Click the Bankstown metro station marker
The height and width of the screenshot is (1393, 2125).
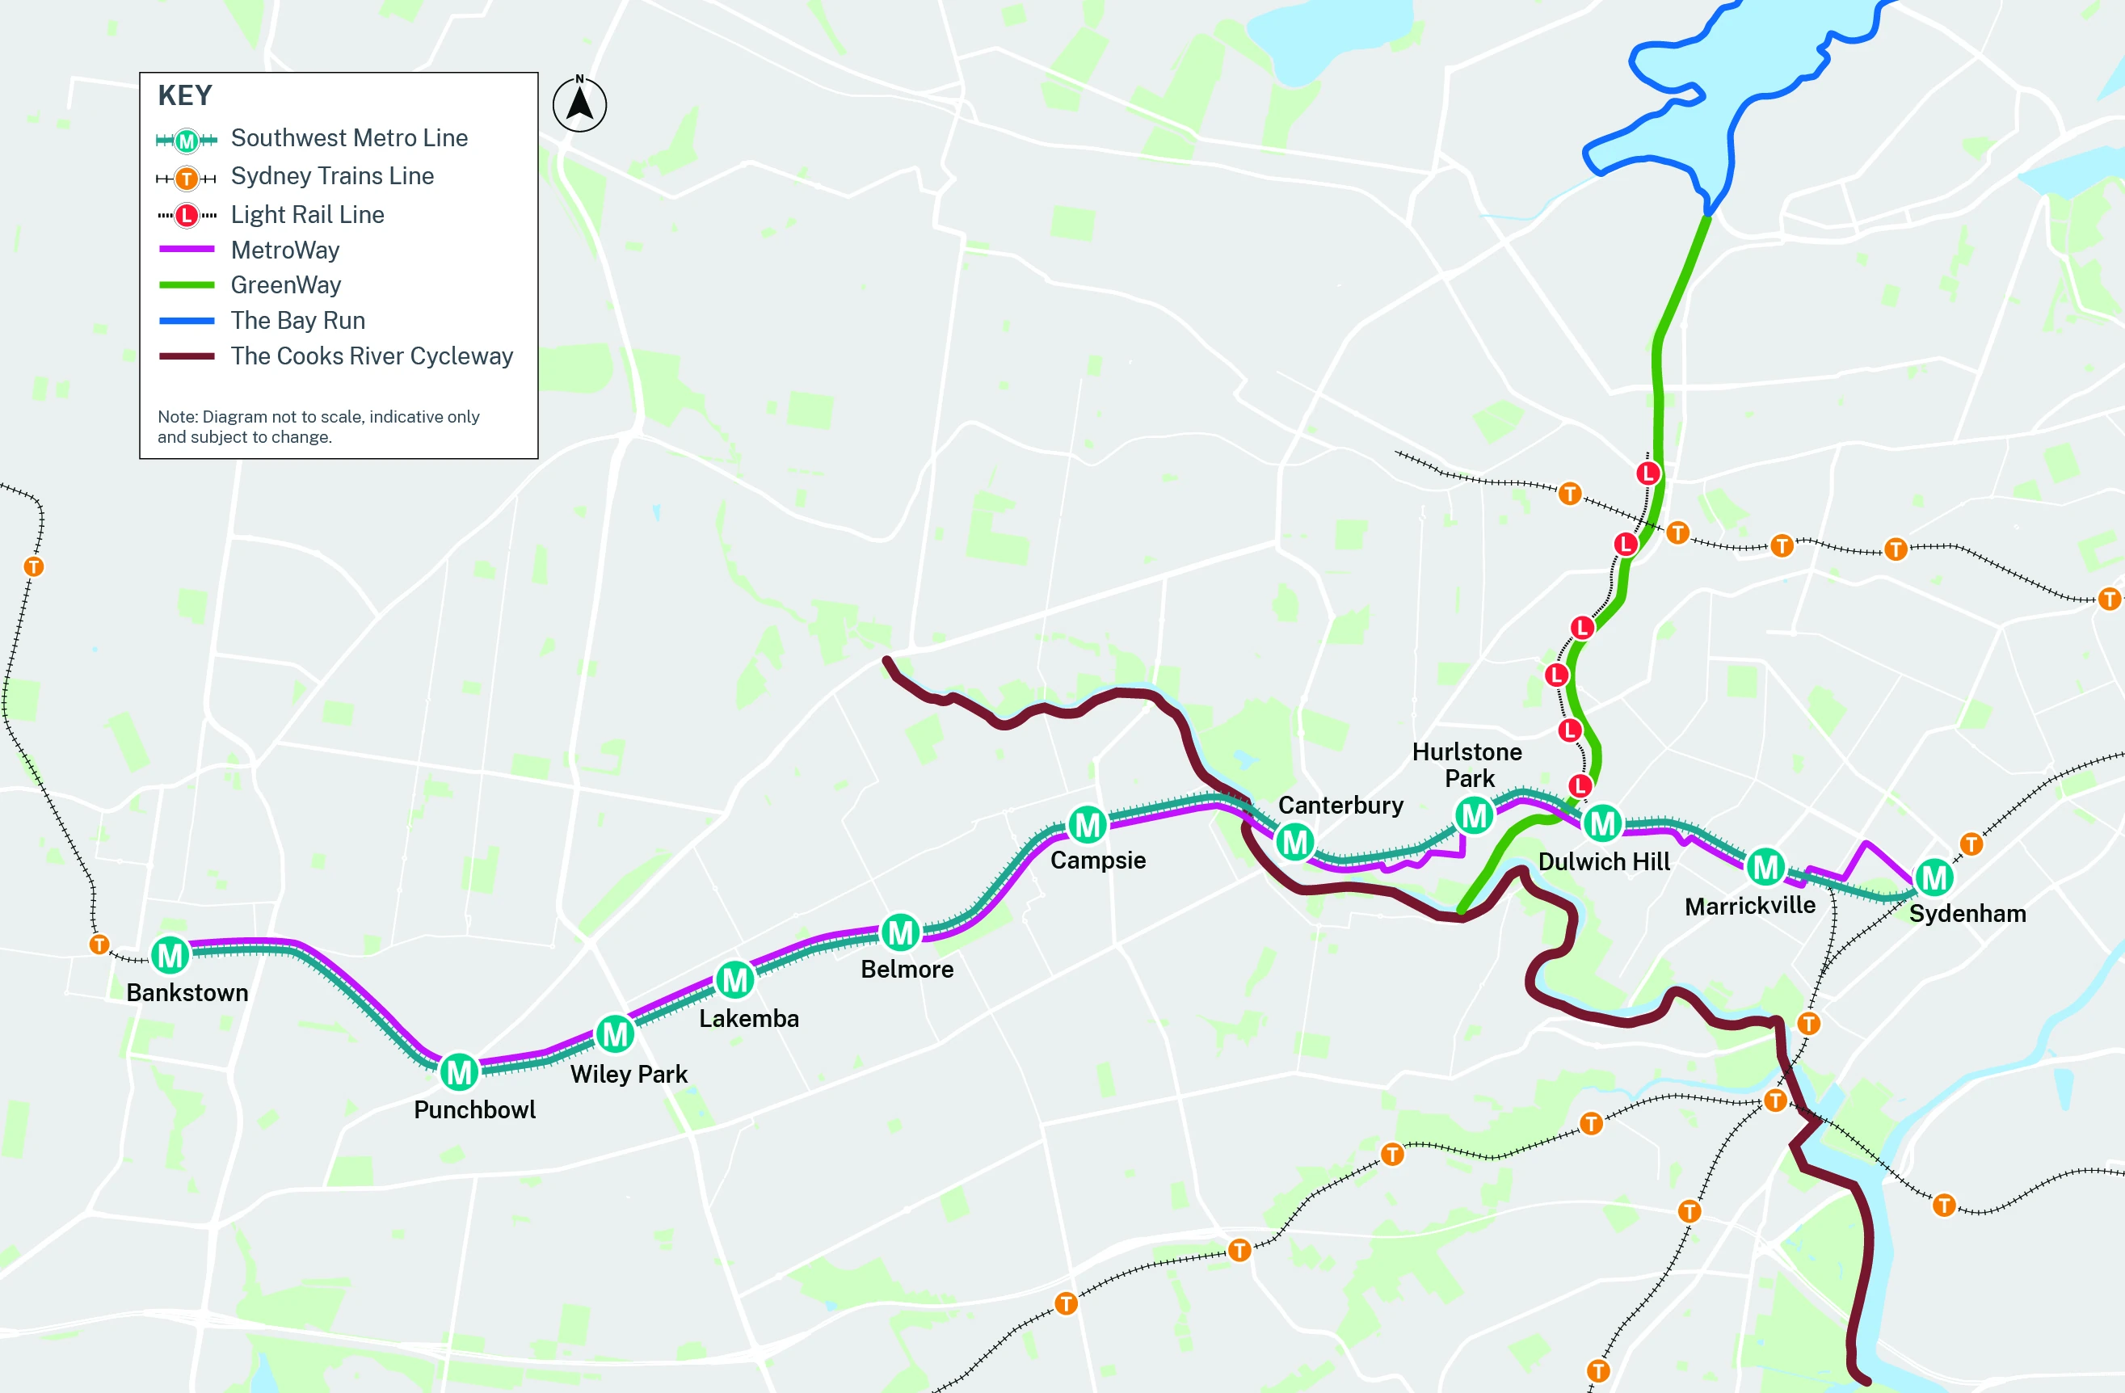[x=170, y=955]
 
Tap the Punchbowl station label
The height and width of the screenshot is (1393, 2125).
[x=474, y=1110]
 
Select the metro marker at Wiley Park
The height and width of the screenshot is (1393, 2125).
[x=614, y=1034]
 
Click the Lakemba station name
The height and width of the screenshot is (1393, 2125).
[x=748, y=1019]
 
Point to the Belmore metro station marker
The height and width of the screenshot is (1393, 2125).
[x=900, y=932]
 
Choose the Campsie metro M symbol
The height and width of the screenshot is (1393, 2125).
[x=1088, y=825]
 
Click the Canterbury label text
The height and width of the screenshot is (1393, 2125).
[x=1340, y=806]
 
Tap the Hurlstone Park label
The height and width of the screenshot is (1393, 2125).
[x=1467, y=765]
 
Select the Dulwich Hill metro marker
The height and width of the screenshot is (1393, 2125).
[x=1603, y=823]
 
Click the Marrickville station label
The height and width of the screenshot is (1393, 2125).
[x=1749, y=907]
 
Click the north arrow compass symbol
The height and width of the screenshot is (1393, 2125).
[x=579, y=104]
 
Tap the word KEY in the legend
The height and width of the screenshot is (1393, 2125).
[x=185, y=95]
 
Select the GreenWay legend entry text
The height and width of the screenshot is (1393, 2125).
[x=286, y=285]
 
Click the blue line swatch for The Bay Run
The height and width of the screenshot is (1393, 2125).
[x=186, y=321]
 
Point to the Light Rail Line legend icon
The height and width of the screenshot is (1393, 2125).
[x=186, y=215]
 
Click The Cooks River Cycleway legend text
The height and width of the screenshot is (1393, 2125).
[x=372, y=356]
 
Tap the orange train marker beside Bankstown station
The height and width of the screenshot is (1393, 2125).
[x=99, y=944]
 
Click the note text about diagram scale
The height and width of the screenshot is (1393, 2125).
[x=318, y=427]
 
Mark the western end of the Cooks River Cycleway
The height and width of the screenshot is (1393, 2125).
[x=887, y=662]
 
